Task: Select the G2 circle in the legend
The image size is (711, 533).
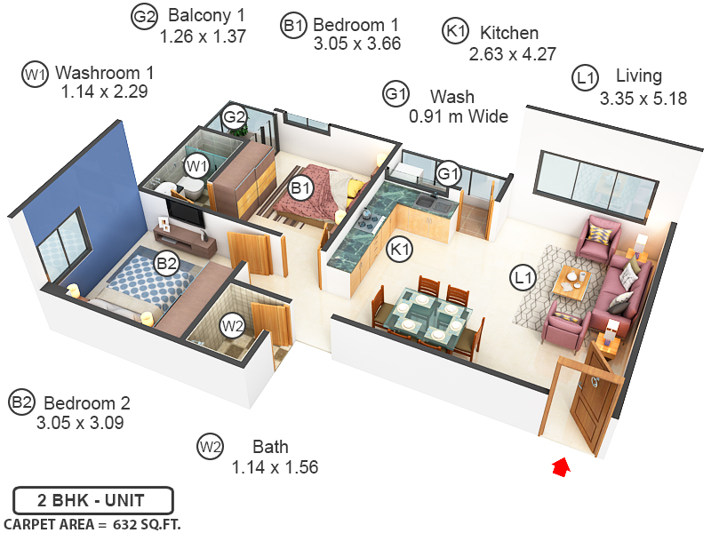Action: pyautogui.click(x=144, y=17)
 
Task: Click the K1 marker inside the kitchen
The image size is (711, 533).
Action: pyautogui.click(x=401, y=251)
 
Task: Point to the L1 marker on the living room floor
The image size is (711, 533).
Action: pyautogui.click(x=523, y=278)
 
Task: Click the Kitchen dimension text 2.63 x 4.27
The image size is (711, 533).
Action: pyautogui.click(x=513, y=54)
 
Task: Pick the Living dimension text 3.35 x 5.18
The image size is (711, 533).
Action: pyautogui.click(x=643, y=99)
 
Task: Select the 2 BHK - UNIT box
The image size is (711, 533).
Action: pyautogui.click(x=92, y=500)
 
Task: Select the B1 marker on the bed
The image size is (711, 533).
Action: pyautogui.click(x=301, y=187)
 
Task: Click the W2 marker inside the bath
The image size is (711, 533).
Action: pyautogui.click(x=233, y=325)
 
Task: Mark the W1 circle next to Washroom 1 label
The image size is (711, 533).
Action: pyautogui.click(x=34, y=75)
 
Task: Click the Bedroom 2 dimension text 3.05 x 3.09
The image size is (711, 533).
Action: pyautogui.click(x=80, y=423)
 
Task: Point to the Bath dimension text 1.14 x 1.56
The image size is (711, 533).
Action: pyautogui.click(x=275, y=467)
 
